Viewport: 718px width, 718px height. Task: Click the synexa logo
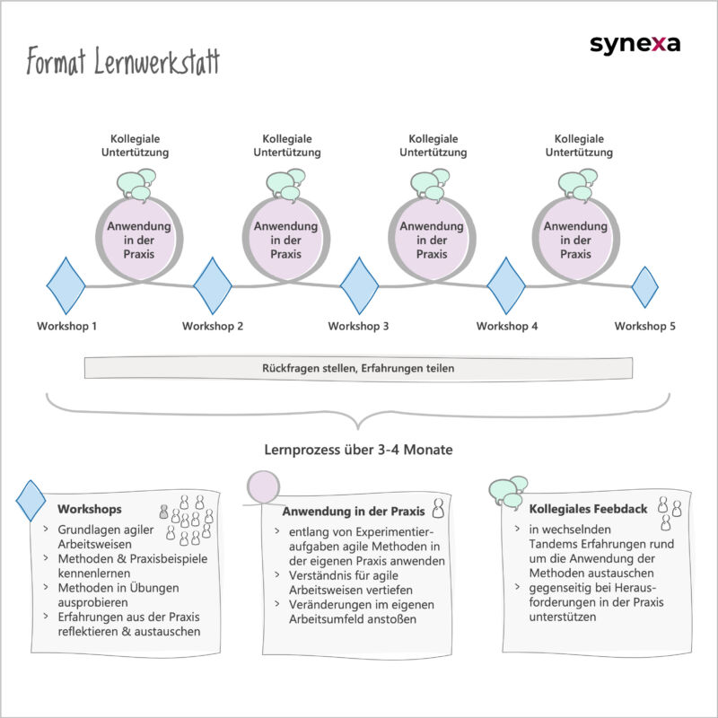pyautogui.click(x=635, y=44)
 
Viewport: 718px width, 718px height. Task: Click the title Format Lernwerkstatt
pyautogui.click(x=123, y=64)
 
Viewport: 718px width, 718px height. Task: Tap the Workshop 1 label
pyautogui.click(x=66, y=326)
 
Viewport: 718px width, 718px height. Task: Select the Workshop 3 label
pyautogui.click(x=358, y=326)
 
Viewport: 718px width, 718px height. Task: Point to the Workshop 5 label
pyautogui.click(x=644, y=326)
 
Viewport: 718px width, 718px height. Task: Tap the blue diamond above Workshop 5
pyautogui.click(x=645, y=286)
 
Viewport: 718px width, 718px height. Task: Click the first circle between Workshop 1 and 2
pyautogui.click(x=138, y=240)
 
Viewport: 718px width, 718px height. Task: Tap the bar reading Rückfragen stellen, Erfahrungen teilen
pyautogui.click(x=358, y=368)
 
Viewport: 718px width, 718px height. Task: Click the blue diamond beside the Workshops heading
pyautogui.click(x=31, y=500)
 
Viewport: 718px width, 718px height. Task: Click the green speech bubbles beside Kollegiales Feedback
pyautogui.click(x=508, y=491)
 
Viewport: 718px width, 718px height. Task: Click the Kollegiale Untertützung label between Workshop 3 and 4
pyautogui.click(x=433, y=145)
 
